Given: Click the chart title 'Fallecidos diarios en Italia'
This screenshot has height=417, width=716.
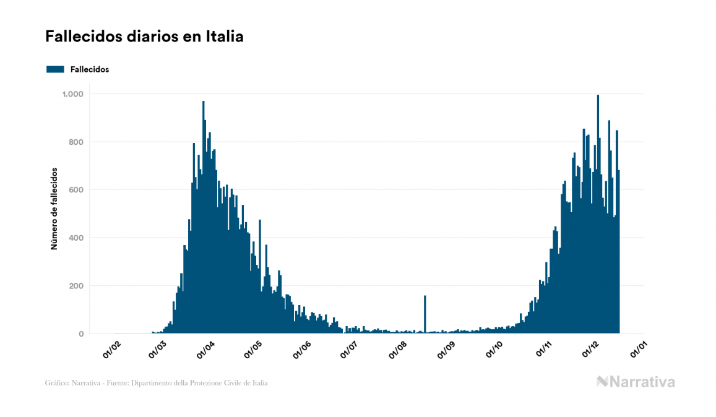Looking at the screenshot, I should [x=144, y=37].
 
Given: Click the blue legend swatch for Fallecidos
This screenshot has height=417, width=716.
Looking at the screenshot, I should [x=55, y=69].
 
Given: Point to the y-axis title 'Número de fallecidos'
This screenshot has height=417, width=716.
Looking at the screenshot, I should [x=54, y=208].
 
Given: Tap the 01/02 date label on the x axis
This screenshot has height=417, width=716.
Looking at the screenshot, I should [x=112, y=350].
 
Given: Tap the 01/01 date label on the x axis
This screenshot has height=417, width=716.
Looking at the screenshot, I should [x=637, y=350].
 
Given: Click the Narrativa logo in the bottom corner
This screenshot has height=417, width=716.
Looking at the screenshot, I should [x=636, y=382].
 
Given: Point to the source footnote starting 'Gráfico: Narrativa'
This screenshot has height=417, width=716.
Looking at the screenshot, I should [x=157, y=383].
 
